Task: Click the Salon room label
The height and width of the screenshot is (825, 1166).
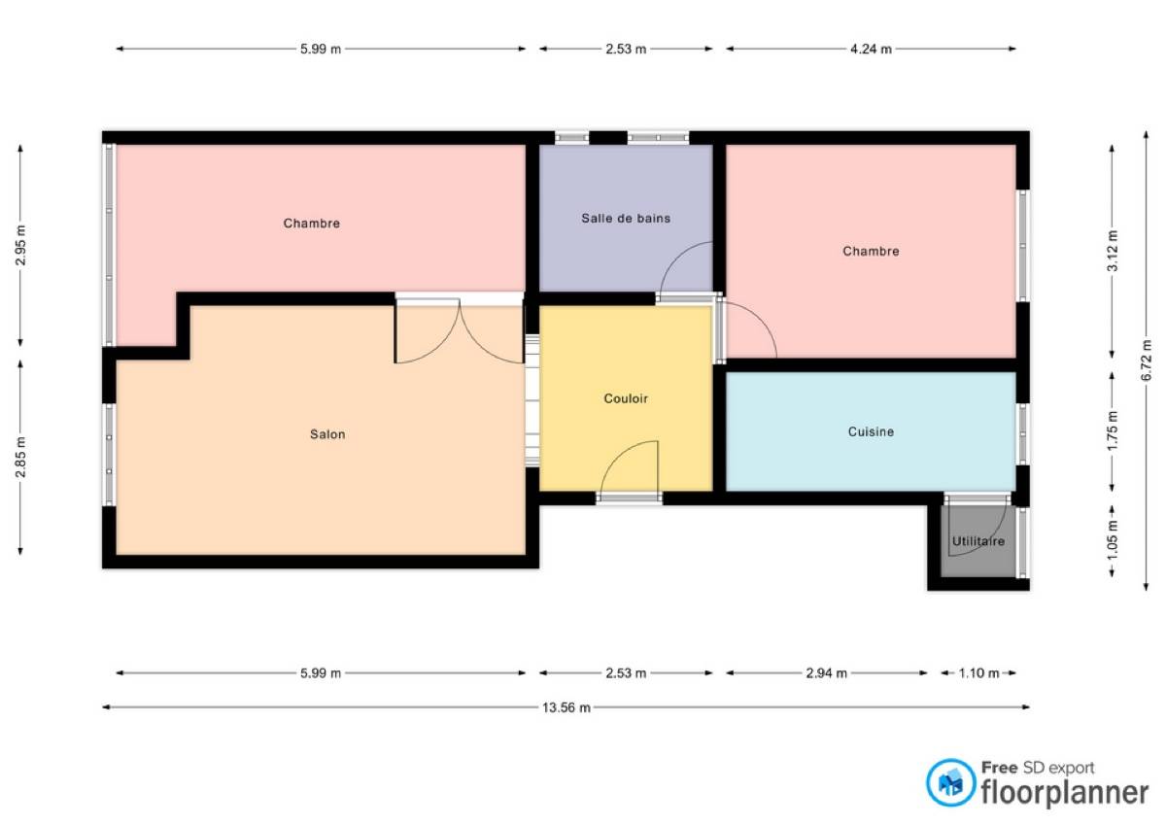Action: pyautogui.click(x=327, y=434)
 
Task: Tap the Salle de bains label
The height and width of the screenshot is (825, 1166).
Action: pyautogui.click(x=626, y=218)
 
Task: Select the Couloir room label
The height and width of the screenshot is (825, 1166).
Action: pyautogui.click(x=626, y=398)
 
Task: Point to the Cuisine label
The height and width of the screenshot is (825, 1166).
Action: pyautogui.click(x=871, y=431)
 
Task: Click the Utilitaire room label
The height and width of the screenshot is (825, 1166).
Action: pyautogui.click(x=978, y=541)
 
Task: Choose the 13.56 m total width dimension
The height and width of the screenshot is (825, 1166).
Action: pyautogui.click(x=566, y=707)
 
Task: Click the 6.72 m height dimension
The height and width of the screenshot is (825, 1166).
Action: pyautogui.click(x=1147, y=361)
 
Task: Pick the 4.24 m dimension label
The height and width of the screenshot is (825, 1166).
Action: pyautogui.click(x=871, y=49)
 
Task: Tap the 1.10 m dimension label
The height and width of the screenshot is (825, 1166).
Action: pyautogui.click(x=978, y=673)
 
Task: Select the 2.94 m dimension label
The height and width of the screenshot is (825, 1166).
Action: pyautogui.click(x=827, y=673)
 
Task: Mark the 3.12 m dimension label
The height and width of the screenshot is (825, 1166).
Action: pyautogui.click(x=1113, y=251)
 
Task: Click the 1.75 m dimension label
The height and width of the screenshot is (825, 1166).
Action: pyautogui.click(x=1113, y=431)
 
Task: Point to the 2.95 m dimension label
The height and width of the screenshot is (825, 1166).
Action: pyautogui.click(x=20, y=245)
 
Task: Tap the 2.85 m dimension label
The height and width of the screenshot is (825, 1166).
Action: pyautogui.click(x=20, y=458)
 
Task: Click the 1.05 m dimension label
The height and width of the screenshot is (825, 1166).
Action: pyautogui.click(x=1113, y=541)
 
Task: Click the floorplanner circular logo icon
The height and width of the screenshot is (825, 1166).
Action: pyautogui.click(x=950, y=783)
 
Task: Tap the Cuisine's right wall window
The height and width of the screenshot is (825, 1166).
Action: pyautogui.click(x=1022, y=434)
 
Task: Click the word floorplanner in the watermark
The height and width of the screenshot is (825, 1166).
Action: pyautogui.click(x=1065, y=793)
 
